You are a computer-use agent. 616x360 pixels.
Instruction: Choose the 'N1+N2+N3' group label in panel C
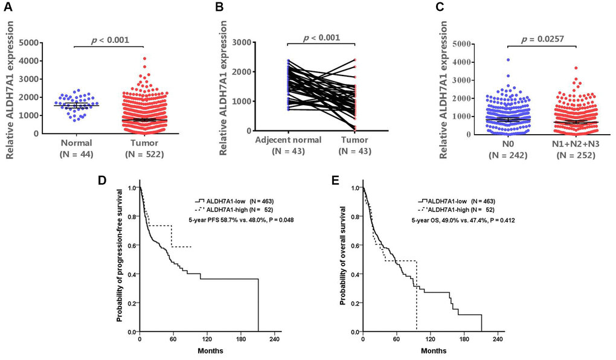point(576,144)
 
